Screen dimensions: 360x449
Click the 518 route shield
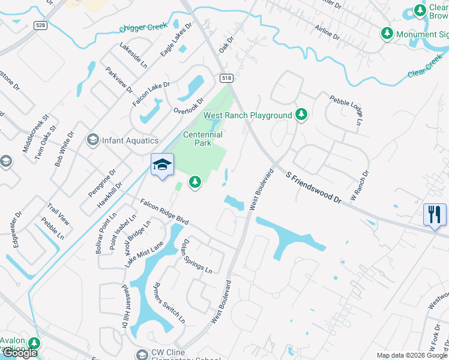point(226,79)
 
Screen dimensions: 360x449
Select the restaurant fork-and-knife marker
point(435,214)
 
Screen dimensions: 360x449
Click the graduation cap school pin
point(162,164)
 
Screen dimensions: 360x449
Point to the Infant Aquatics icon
point(92,140)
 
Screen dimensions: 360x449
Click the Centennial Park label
point(203,139)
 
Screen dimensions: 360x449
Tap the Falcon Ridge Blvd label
point(164,213)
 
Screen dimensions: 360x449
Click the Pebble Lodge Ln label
point(346,109)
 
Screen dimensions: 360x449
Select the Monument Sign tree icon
point(388,34)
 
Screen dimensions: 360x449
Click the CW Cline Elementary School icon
point(142,354)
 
